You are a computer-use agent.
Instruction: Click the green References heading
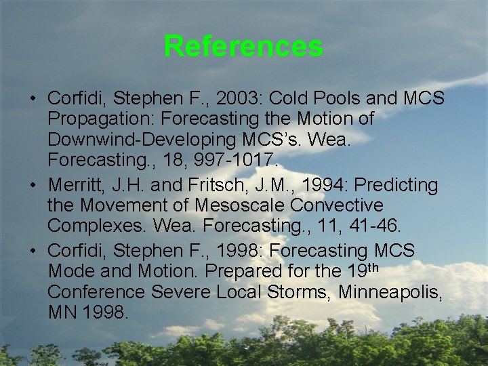pos(243,47)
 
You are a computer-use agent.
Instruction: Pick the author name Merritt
pos(75,185)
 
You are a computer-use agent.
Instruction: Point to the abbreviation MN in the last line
pos(62,314)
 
